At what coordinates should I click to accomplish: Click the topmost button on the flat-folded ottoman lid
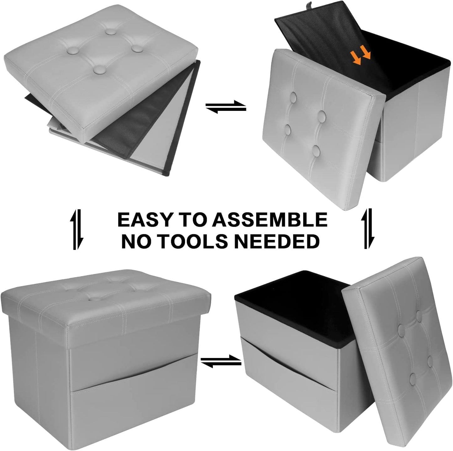pyautogui.click(x=111, y=31)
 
